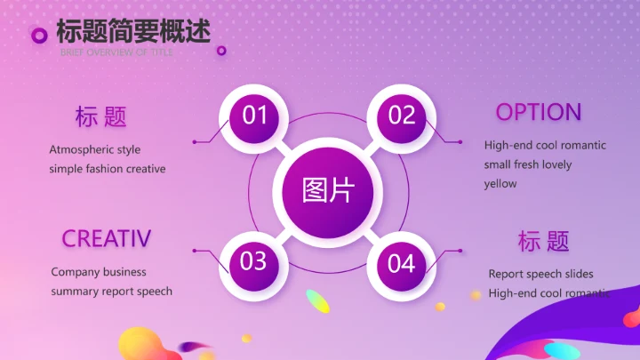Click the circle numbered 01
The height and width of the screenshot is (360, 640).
255,116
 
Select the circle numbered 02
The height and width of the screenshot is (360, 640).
402,116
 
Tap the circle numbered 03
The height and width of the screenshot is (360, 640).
254,261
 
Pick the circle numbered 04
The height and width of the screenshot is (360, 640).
402,263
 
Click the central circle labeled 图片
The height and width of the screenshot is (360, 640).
328,189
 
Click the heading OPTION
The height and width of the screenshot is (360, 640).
539,112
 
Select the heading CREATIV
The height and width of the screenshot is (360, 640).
107,238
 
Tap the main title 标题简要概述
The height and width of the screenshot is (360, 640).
133,31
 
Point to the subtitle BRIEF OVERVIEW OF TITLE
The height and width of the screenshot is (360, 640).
117,52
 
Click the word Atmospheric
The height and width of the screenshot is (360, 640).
81,149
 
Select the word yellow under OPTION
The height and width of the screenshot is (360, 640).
500,184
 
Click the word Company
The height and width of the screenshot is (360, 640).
75,272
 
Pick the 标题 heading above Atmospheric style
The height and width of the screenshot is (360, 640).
101,116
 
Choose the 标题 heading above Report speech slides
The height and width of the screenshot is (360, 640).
543,241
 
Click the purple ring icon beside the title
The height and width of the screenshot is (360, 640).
39,35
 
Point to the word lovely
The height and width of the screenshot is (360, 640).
556,164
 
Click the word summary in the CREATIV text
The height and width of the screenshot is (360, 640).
75,292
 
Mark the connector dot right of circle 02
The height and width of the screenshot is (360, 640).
460,141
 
